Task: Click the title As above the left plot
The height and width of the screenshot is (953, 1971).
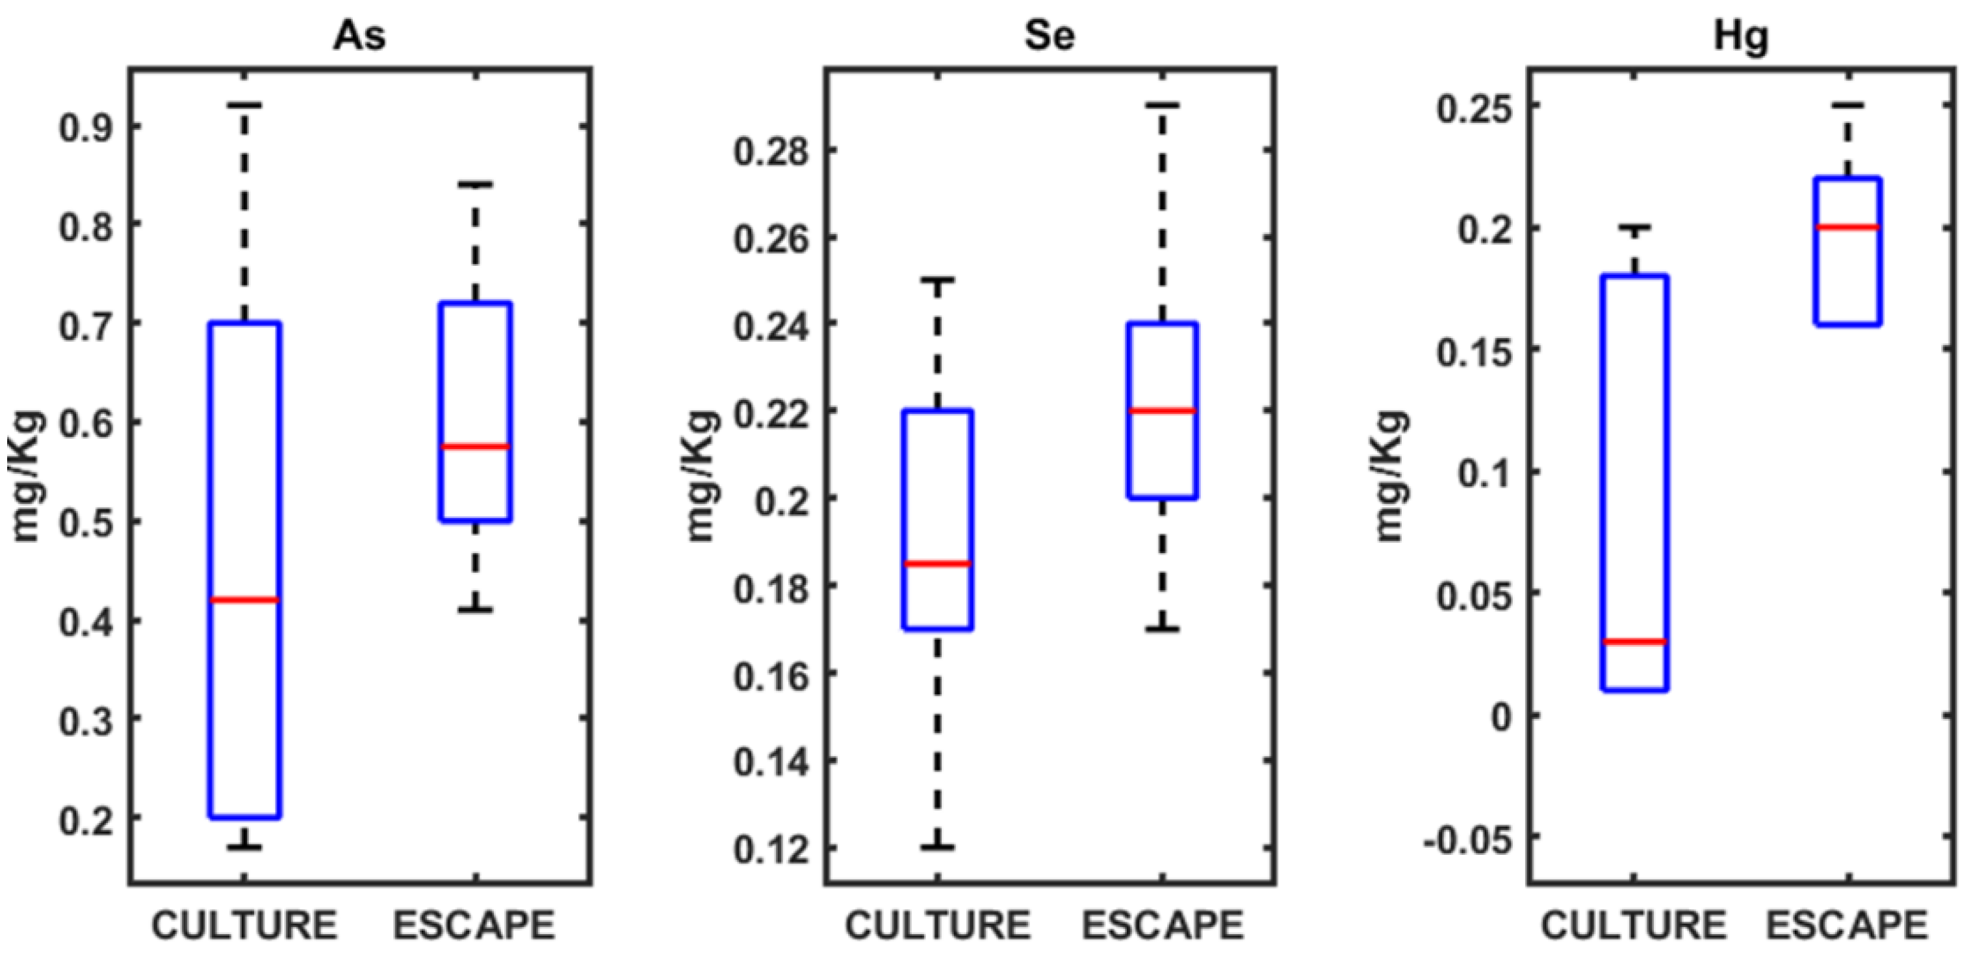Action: (x=359, y=36)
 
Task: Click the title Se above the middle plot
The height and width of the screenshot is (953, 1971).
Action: (x=1050, y=36)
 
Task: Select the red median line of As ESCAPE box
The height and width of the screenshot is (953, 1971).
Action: (x=475, y=446)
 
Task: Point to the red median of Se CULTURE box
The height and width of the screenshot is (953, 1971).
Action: (x=937, y=564)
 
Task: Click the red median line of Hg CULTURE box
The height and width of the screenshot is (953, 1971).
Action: (x=1634, y=642)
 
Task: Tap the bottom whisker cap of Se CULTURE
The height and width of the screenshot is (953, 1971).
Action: (x=937, y=848)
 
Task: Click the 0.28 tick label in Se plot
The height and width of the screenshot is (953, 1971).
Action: (x=771, y=151)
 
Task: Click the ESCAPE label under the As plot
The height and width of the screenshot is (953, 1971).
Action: (x=474, y=926)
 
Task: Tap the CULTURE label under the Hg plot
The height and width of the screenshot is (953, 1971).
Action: (x=1633, y=926)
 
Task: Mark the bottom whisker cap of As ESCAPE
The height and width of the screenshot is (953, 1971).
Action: (x=475, y=610)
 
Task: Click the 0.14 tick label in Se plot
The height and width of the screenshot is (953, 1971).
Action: (x=771, y=763)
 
